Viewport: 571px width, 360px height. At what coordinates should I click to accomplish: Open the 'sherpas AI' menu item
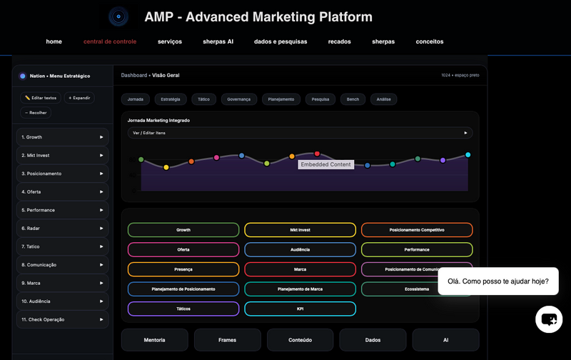[x=218, y=41]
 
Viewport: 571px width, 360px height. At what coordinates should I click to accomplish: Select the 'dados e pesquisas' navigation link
[x=281, y=41]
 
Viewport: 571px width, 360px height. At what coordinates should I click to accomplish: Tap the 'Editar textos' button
[x=40, y=98]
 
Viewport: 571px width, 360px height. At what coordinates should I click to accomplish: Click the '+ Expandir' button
[x=79, y=98]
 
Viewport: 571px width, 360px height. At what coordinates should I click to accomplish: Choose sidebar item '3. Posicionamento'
[x=62, y=174]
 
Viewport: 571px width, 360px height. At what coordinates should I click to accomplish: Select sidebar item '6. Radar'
[x=62, y=229]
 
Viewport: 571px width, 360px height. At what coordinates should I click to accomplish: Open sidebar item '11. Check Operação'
[x=62, y=319]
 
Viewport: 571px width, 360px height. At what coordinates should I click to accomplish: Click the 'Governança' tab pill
[x=238, y=99]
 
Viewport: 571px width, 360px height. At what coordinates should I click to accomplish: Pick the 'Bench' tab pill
[x=353, y=99]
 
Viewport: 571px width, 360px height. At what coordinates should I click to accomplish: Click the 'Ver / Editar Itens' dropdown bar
[x=300, y=133]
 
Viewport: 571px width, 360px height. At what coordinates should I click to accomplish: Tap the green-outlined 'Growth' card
[x=183, y=230]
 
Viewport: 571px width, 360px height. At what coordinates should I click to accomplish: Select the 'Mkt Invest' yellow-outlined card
[x=300, y=230]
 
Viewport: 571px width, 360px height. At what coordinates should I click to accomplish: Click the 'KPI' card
[x=300, y=309]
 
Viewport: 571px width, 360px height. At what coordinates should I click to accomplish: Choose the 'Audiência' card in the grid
[x=300, y=249]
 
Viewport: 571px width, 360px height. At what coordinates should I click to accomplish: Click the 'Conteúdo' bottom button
[x=300, y=340]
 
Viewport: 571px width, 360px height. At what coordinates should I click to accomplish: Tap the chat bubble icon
[x=549, y=319]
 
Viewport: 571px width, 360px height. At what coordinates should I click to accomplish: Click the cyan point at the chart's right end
[x=468, y=154]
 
